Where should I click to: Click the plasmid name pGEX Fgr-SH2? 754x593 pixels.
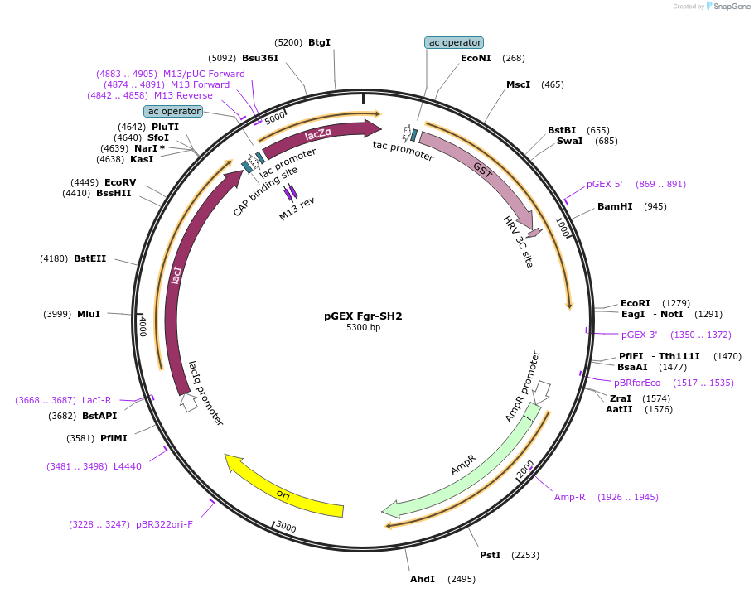point(363,316)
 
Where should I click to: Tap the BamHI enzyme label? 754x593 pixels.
point(615,206)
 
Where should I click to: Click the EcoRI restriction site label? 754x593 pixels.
point(636,303)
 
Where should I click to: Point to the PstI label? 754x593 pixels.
point(491,555)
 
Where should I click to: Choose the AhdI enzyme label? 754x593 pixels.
point(423,579)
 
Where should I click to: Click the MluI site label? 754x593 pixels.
point(89,314)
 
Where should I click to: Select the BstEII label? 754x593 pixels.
point(90,258)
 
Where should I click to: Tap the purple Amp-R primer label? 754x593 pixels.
point(570,497)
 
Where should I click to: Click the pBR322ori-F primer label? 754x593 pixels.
point(164,524)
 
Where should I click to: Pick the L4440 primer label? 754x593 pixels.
point(128,466)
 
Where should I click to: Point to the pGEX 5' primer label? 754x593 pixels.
point(604,184)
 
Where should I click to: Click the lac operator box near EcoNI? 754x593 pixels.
point(453,42)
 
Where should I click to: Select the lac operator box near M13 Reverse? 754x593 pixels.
point(172,111)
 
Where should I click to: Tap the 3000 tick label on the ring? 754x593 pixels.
point(286,528)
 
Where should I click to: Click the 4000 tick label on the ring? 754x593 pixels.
point(143,325)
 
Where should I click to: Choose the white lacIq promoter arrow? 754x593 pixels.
point(189,403)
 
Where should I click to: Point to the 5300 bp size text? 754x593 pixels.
point(363,328)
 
